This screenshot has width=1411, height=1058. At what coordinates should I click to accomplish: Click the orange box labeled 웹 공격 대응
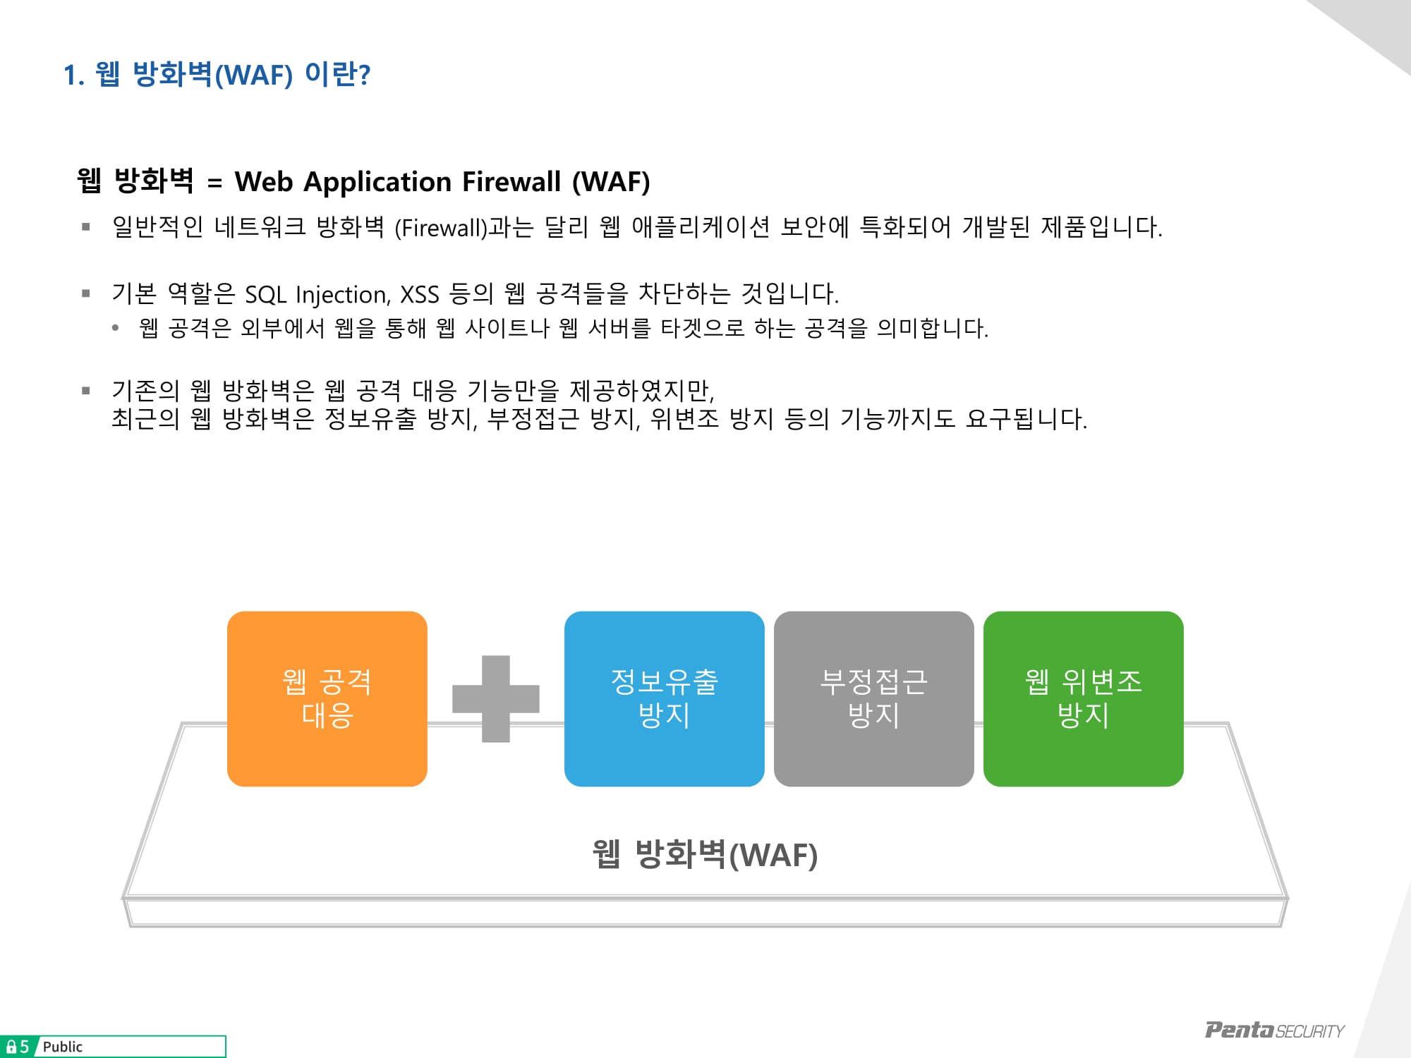point(327,698)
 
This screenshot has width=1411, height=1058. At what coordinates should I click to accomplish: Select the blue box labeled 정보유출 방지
point(664,698)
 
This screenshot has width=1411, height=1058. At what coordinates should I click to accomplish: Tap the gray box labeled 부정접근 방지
point(873,698)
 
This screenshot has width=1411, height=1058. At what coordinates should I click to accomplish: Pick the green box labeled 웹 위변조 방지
point(1083,698)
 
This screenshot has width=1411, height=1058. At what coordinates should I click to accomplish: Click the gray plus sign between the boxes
point(496,698)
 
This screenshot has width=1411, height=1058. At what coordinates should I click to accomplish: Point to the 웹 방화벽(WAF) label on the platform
point(705,854)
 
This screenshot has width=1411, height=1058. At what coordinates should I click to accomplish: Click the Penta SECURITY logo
point(1274,1030)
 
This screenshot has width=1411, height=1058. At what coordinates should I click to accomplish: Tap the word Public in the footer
point(63,1047)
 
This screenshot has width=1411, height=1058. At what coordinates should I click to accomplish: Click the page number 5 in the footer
point(24,1047)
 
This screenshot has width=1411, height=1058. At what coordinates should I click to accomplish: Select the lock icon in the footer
point(11,1047)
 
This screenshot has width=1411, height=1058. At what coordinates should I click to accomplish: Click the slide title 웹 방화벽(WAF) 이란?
point(217,74)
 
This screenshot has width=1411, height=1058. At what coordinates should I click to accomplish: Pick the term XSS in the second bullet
point(420,294)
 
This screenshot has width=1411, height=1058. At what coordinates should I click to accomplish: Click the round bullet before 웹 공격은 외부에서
point(116,327)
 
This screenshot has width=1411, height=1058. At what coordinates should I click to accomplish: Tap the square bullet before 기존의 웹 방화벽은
point(86,391)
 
